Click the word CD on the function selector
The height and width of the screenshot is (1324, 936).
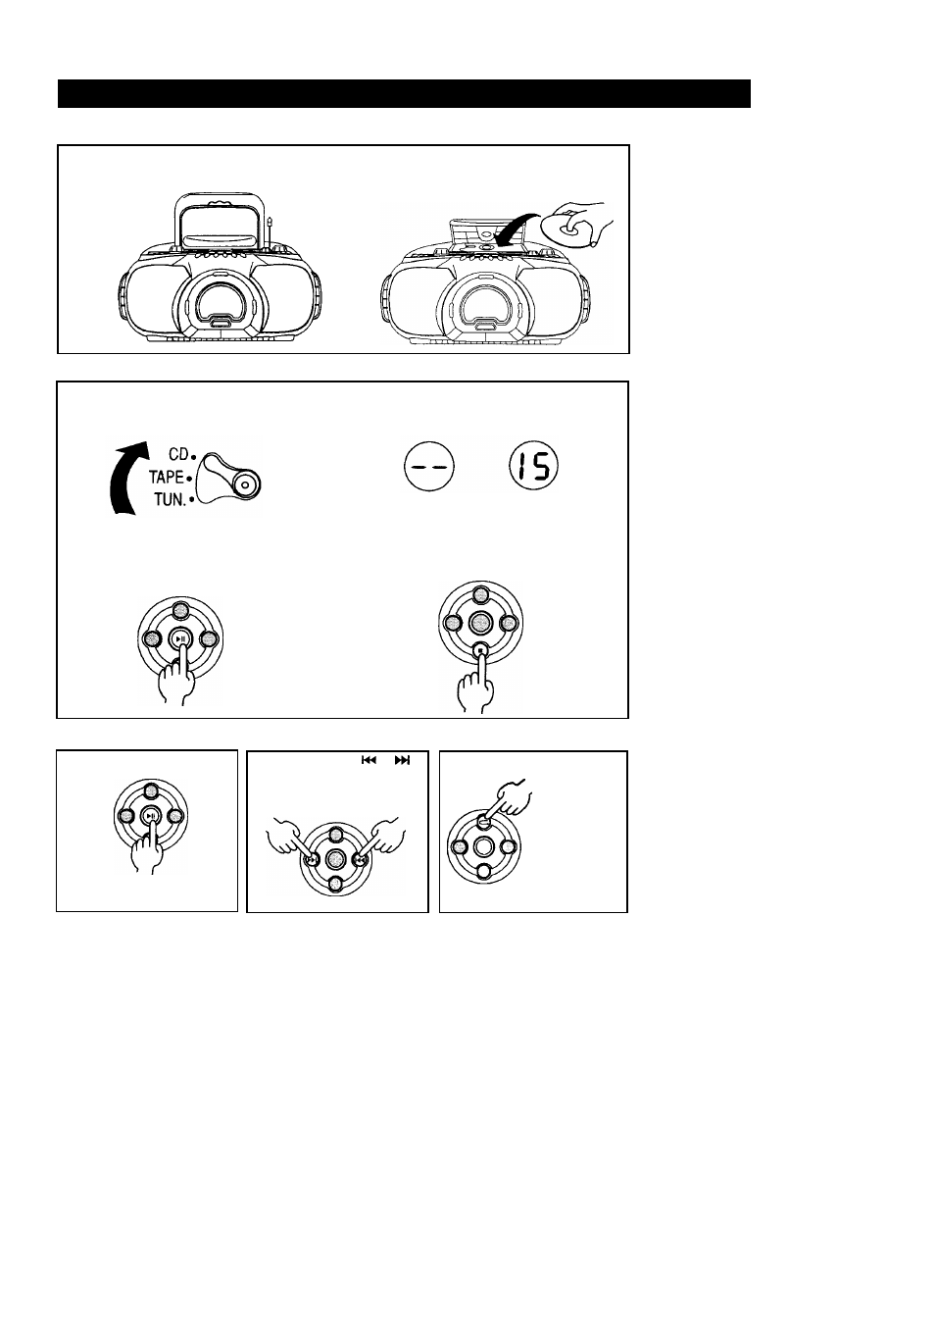178,454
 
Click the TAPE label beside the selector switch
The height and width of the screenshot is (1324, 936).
166,477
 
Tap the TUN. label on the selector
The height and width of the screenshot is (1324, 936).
171,500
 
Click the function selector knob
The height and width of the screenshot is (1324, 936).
228,479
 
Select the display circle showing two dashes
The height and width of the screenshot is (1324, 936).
429,467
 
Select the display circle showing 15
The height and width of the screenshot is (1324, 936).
533,467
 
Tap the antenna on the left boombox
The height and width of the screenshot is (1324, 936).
270,233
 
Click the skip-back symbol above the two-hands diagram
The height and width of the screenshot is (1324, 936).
369,760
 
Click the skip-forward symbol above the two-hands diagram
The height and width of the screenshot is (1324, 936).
402,760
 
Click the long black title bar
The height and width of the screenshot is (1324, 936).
404,93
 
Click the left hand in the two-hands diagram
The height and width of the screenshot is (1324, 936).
286,839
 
